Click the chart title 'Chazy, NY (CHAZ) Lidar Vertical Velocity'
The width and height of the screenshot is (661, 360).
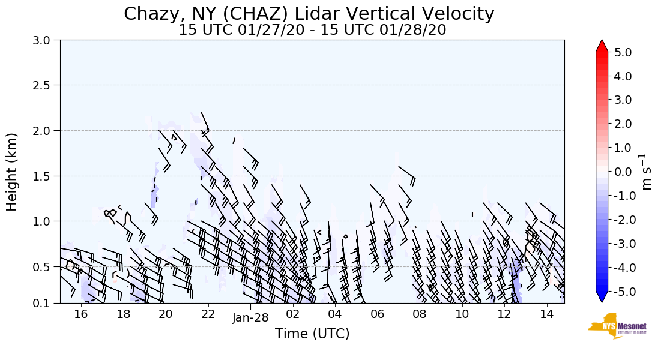(309, 13)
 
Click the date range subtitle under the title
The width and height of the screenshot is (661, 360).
(312, 30)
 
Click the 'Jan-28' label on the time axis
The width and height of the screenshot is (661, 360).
(250, 318)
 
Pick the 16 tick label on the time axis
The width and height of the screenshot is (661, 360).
(81, 314)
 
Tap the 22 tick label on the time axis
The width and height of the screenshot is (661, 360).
(208, 314)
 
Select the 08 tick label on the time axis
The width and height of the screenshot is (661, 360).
(420, 314)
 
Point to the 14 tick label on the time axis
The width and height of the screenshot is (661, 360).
(546, 314)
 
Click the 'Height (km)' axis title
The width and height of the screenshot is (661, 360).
(12, 172)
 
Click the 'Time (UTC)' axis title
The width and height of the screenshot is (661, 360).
(312, 334)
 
